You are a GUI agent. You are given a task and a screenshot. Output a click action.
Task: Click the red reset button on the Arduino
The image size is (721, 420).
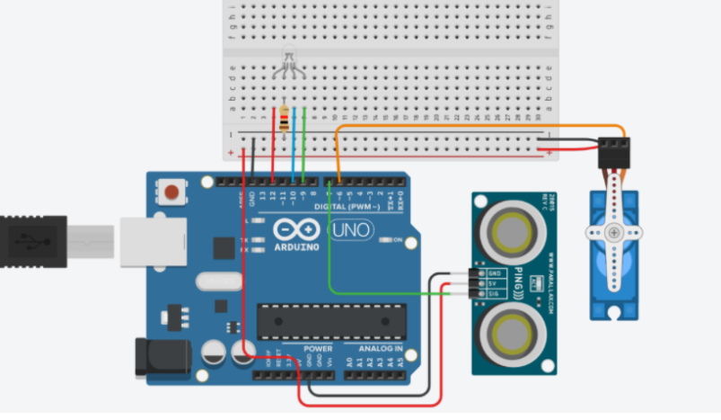[x=170, y=191]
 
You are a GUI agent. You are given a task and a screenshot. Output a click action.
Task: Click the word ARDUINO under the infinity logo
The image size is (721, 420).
[x=297, y=246]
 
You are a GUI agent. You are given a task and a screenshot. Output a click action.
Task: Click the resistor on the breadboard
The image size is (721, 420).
[x=286, y=119]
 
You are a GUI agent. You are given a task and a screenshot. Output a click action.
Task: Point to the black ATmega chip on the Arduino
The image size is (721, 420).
[x=327, y=321]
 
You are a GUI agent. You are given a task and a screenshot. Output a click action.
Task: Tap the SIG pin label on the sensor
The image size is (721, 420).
[x=493, y=293]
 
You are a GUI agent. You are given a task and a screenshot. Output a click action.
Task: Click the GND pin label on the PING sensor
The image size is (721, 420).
[x=493, y=272]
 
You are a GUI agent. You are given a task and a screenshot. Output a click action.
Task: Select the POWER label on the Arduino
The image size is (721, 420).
[x=319, y=347]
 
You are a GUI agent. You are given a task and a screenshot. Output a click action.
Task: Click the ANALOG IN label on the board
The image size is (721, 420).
[x=381, y=347]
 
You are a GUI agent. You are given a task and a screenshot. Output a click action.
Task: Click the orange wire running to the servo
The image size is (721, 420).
[x=476, y=126]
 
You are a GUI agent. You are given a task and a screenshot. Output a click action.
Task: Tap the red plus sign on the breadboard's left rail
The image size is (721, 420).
[x=232, y=154]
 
